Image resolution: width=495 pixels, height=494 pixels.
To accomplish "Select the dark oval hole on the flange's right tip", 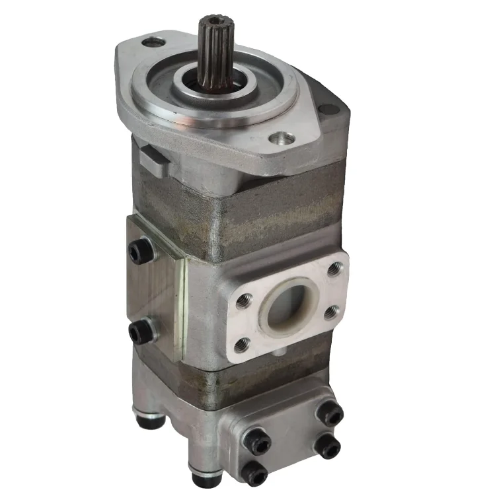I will click(x=326, y=110).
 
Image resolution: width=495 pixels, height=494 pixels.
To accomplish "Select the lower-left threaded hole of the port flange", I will click(x=243, y=343).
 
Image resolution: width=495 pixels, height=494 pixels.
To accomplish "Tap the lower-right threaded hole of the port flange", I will click(x=332, y=312).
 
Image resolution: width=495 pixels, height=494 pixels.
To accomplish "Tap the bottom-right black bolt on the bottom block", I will click(x=328, y=447).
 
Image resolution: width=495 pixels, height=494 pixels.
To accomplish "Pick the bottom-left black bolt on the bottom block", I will click(x=254, y=472).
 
